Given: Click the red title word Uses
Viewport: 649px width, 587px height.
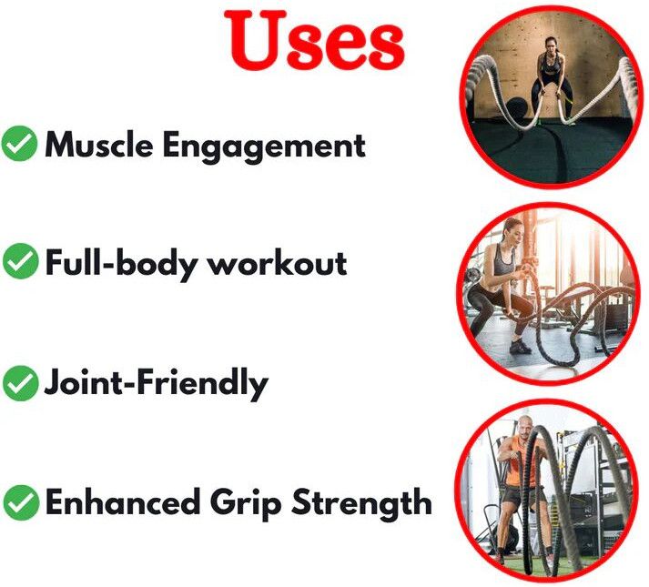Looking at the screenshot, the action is click(x=314, y=40).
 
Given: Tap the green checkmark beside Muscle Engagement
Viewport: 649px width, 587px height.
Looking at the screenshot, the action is click(x=19, y=143).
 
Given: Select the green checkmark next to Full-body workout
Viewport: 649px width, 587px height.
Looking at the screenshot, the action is click(x=20, y=261).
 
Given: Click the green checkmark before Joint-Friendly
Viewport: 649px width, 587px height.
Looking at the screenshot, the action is click(x=20, y=383).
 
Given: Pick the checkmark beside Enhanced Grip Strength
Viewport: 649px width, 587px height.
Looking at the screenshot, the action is click(x=21, y=503).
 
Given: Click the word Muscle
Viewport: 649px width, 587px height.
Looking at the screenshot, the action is click(x=99, y=145).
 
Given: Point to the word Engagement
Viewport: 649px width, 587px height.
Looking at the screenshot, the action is click(x=264, y=146).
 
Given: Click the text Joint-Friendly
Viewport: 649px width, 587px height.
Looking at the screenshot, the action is click(x=157, y=384).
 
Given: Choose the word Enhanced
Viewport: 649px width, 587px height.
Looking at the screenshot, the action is click(x=122, y=502).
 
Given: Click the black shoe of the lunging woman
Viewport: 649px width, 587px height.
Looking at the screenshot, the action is click(x=519, y=347).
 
